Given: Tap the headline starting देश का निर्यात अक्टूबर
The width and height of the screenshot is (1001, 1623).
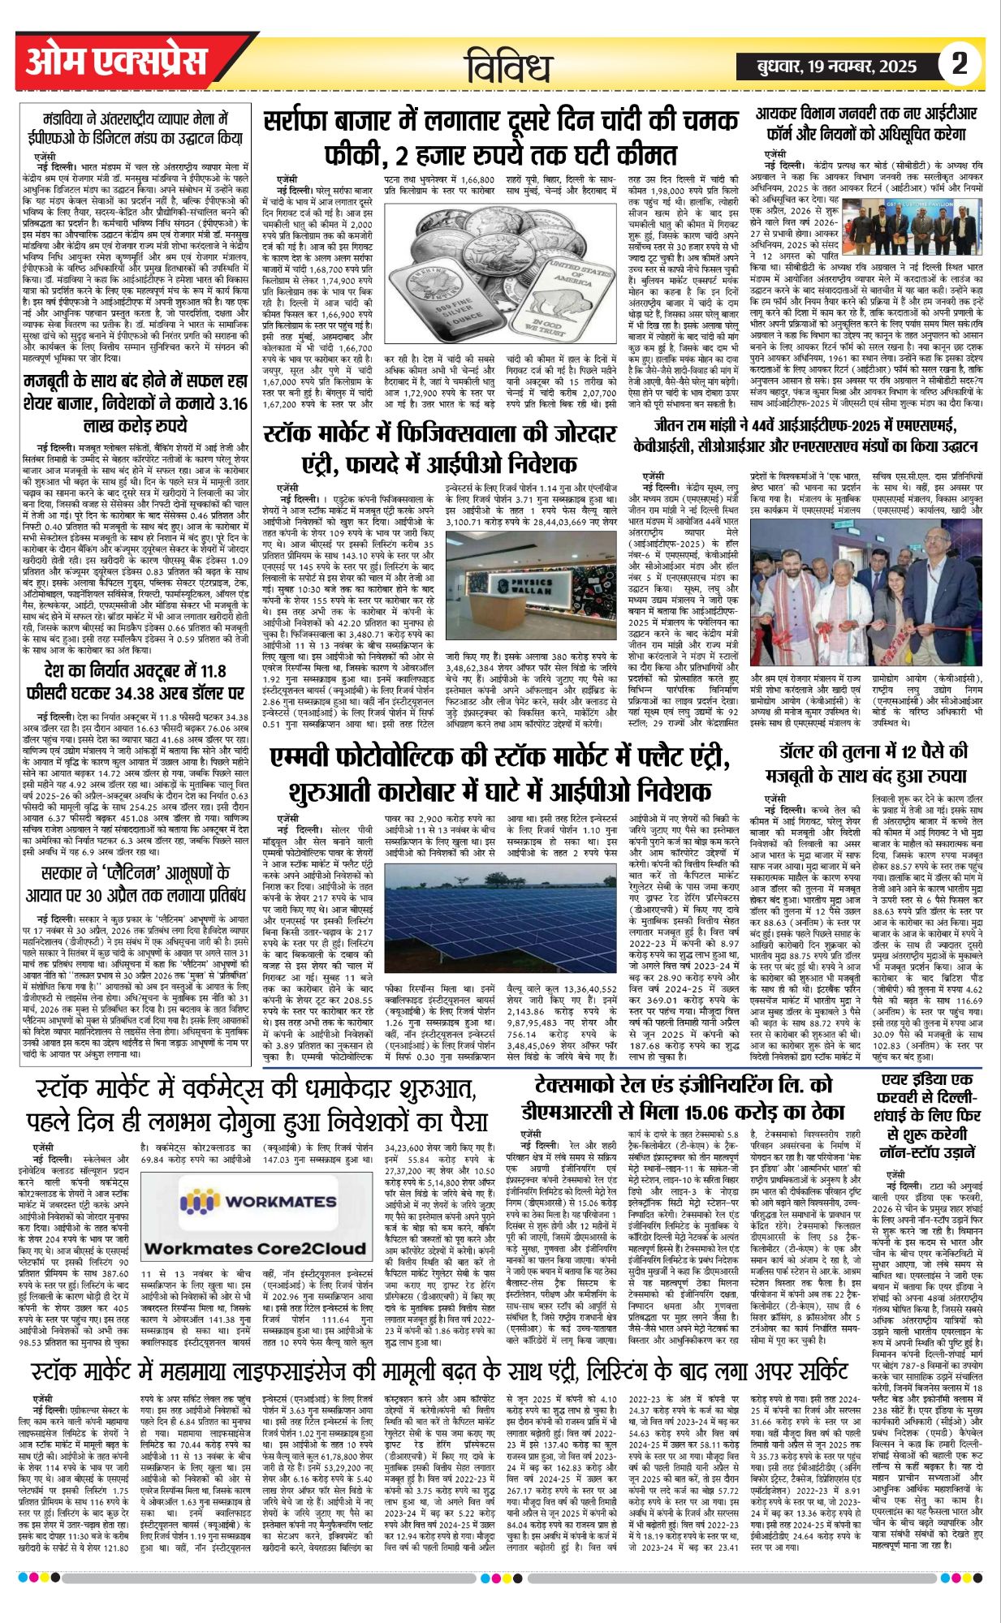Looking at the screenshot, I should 136,682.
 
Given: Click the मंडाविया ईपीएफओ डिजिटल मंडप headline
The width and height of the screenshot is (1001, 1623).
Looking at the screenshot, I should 136,126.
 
